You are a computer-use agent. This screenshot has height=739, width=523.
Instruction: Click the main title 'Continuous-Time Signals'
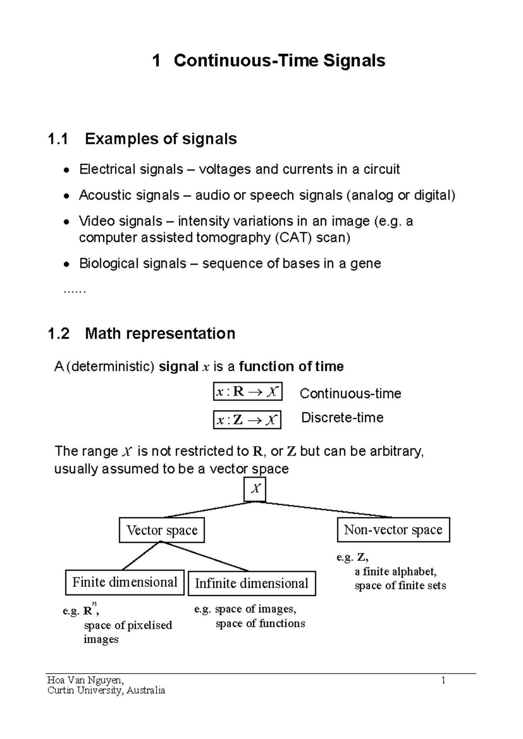click(x=279, y=61)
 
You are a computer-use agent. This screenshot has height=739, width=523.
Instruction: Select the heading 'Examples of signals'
click(x=161, y=139)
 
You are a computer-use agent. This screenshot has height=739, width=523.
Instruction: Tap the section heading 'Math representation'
click(x=160, y=334)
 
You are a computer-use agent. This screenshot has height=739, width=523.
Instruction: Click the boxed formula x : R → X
click(x=247, y=392)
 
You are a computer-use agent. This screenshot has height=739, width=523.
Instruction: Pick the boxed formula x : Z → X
click(x=247, y=420)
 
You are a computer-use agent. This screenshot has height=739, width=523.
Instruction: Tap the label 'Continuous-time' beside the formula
click(x=350, y=393)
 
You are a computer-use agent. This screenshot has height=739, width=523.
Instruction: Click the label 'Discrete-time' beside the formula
click(x=342, y=417)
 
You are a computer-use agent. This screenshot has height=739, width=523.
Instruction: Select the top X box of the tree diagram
click(x=255, y=489)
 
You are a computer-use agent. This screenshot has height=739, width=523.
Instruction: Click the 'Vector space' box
click(x=162, y=530)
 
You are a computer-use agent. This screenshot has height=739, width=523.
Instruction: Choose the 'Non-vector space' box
click(x=393, y=529)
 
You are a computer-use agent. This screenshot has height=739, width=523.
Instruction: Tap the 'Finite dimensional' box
click(x=125, y=583)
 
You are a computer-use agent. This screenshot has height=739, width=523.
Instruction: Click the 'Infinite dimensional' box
click(x=251, y=583)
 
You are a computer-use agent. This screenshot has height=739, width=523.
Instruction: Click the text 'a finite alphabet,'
click(x=395, y=572)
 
